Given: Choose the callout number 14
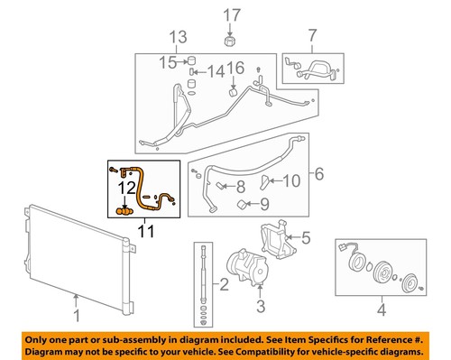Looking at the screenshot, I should [216, 71].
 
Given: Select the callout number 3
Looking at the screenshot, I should [260, 309].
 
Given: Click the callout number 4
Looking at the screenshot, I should [382, 312].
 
